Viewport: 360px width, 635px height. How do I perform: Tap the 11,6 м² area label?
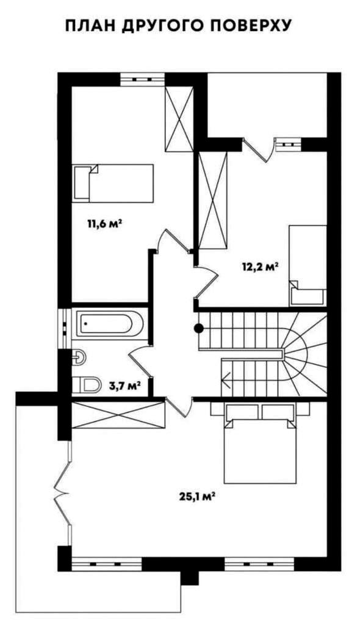[104, 223]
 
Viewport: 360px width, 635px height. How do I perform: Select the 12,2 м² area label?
[259, 268]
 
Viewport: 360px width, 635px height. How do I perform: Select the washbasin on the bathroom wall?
[79, 357]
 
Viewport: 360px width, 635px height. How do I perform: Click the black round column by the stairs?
[198, 328]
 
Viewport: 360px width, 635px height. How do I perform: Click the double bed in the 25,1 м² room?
[259, 443]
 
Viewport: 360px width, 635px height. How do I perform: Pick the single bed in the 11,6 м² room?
[113, 183]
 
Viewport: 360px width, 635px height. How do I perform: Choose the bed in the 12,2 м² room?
[308, 265]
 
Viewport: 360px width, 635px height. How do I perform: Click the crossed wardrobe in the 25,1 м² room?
[118, 415]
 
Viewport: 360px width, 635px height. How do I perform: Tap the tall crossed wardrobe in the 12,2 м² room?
[212, 200]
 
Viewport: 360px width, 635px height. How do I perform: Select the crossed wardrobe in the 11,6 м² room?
[179, 119]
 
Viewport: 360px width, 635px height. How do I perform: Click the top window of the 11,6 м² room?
[142, 79]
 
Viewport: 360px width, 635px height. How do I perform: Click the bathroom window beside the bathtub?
[65, 328]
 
